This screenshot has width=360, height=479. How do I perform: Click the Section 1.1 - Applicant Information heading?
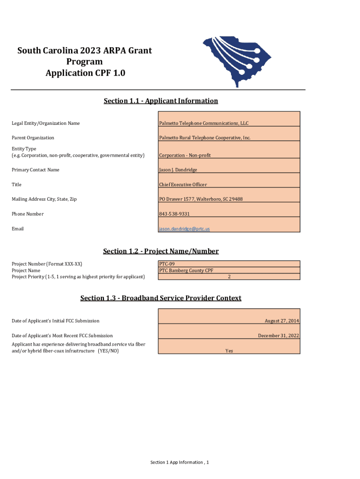(160, 101)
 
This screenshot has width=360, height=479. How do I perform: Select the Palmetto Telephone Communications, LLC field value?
(204, 123)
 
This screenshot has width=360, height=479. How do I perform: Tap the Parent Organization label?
(33, 138)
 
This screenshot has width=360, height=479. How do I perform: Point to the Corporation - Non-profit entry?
(185, 155)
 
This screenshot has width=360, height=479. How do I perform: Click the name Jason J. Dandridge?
(178, 170)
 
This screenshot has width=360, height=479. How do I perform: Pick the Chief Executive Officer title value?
(183, 185)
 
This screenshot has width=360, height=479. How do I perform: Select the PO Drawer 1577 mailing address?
(201, 199)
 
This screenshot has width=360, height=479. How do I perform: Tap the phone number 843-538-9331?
(174, 214)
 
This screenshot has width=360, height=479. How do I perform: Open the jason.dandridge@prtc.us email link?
(184, 229)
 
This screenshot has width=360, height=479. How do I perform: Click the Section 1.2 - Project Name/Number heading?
(160, 251)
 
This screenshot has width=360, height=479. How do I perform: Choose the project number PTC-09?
(167, 264)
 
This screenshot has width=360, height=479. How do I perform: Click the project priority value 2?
(229, 276)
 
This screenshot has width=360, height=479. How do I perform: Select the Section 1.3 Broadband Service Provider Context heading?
(160, 298)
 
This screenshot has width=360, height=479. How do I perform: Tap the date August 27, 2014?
(281, 321)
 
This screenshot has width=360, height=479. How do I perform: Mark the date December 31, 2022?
(278, 336)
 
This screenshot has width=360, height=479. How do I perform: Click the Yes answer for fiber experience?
(229, 351)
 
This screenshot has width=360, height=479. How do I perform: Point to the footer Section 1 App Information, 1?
(179, 462)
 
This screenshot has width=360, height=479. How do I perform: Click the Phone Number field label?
(28, 214)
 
